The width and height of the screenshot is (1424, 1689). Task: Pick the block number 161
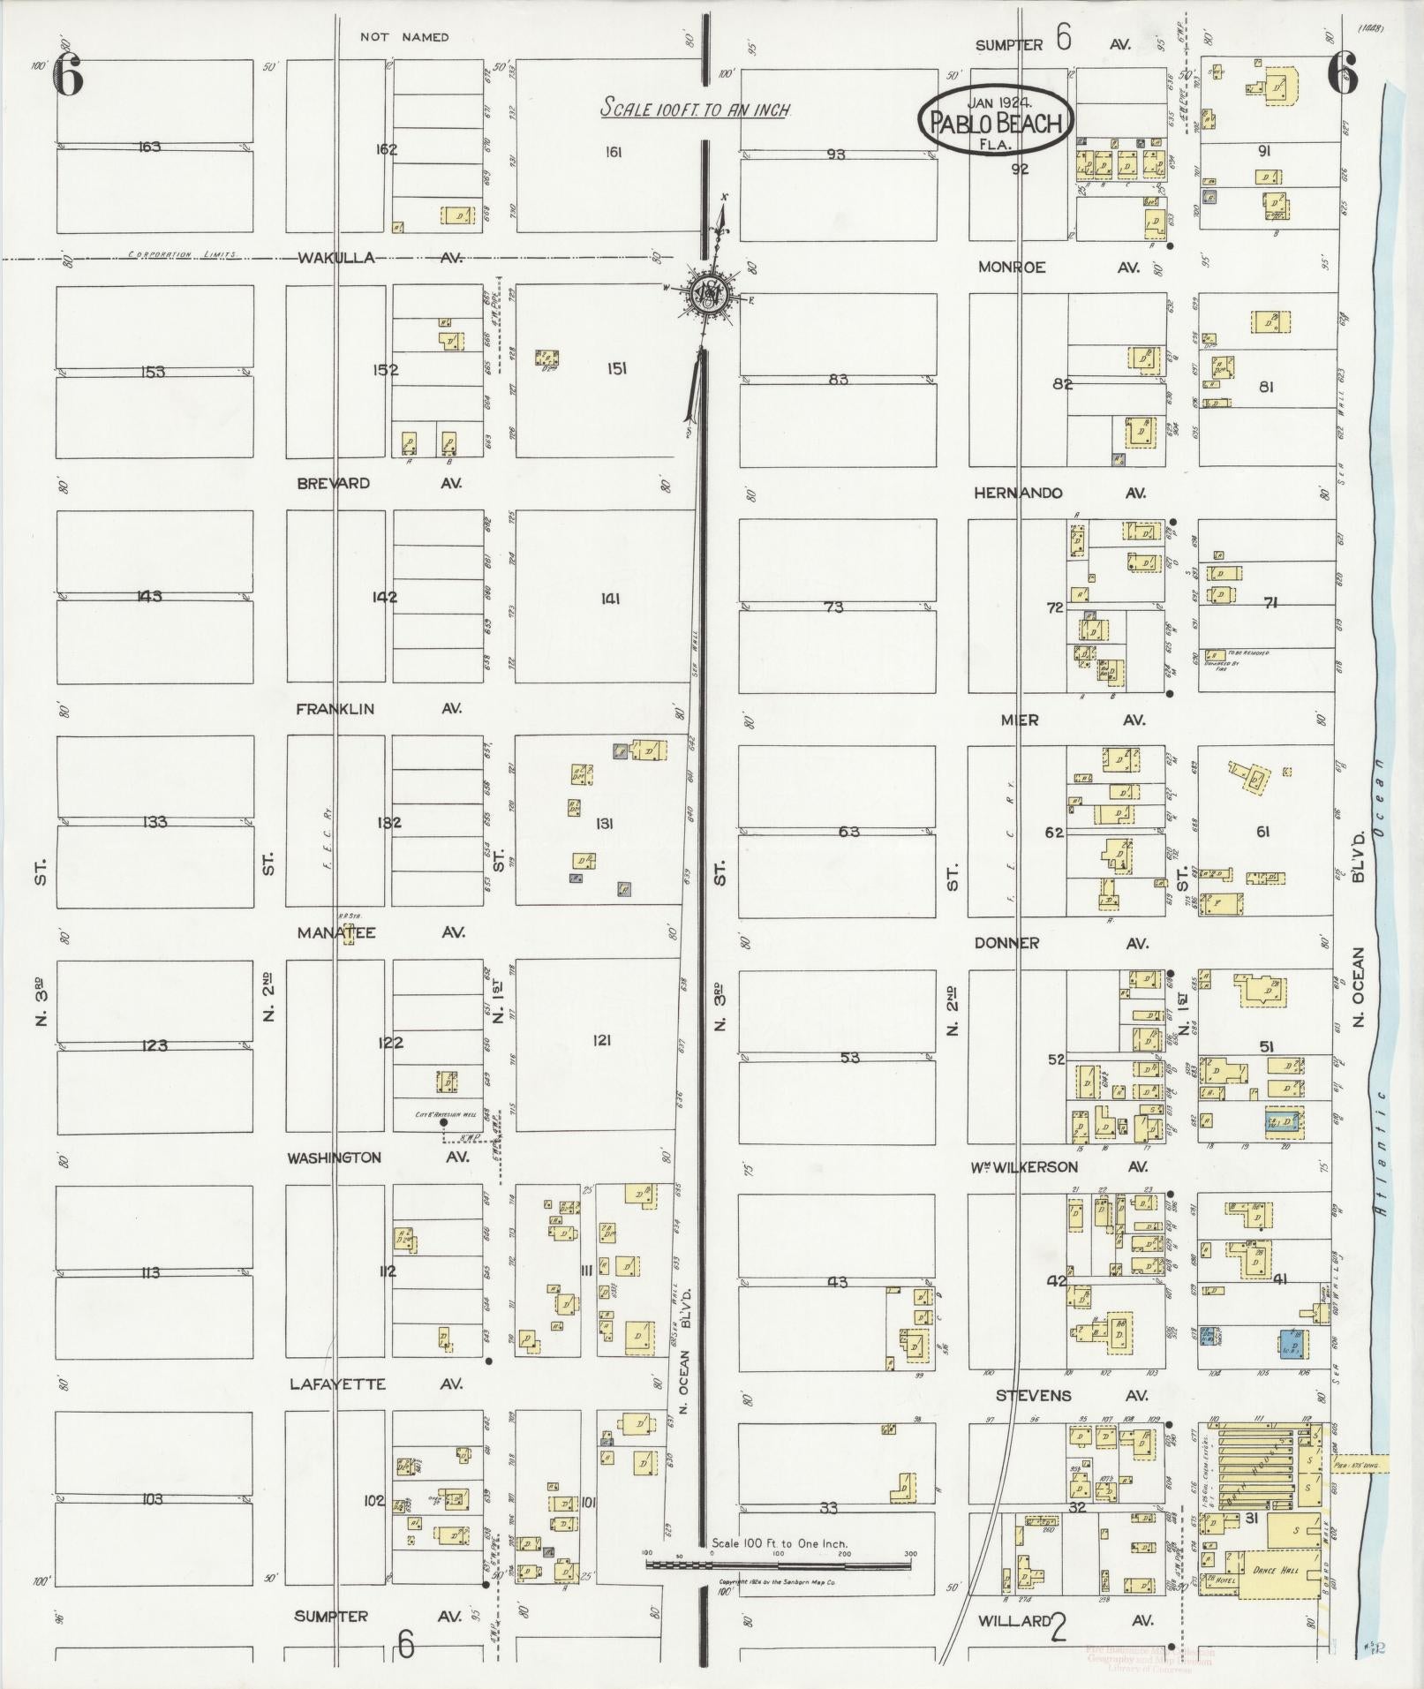(x=614, y=152)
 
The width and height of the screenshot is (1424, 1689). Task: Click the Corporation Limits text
(x=182, y=254)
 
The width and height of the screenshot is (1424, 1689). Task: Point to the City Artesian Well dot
(x=443, y=1123)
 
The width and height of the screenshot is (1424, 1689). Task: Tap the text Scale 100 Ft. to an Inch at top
(x=695, y=109)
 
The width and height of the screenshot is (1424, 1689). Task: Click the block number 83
(x=838, y=379)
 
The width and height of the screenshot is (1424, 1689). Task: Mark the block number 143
(x=149, y=596)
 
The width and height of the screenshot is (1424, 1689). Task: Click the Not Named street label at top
(x=404, y=37)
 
